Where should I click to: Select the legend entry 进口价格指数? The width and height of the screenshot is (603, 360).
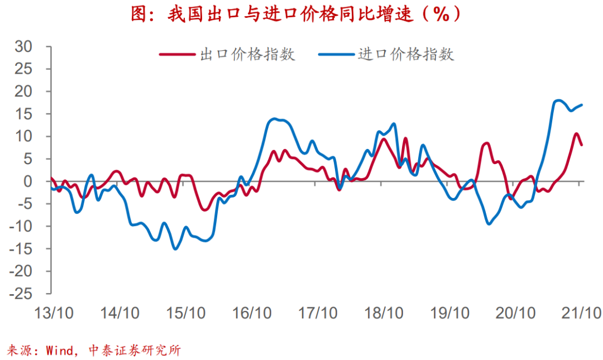tap(406, 54)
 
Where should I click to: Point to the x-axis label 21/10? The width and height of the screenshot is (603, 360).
tap(581, 313)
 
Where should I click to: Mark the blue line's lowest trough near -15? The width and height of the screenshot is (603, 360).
tap(175, 248)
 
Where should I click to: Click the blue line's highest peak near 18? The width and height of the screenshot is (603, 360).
tap(558, 100)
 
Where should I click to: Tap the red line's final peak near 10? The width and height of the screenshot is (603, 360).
tap(576, 133)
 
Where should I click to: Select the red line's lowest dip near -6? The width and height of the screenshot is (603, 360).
tap(204, 210)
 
